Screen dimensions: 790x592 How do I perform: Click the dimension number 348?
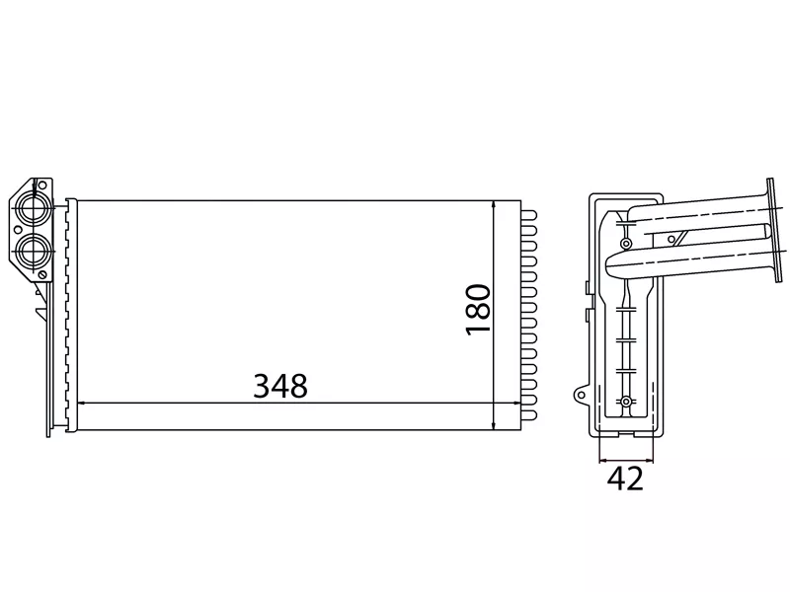coord(280,386)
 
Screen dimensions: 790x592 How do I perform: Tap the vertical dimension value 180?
coord(478,310)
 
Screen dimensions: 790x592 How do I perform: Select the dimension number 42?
coord(625,479)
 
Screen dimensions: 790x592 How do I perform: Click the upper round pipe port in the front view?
coord(34,208)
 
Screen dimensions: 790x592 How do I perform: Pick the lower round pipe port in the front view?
coord(33,251)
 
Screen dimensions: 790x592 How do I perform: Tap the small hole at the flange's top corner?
coord(41,185)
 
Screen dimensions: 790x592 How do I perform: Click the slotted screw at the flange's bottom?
coord(42,274)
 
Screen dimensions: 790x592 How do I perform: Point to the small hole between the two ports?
coord(18,230)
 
